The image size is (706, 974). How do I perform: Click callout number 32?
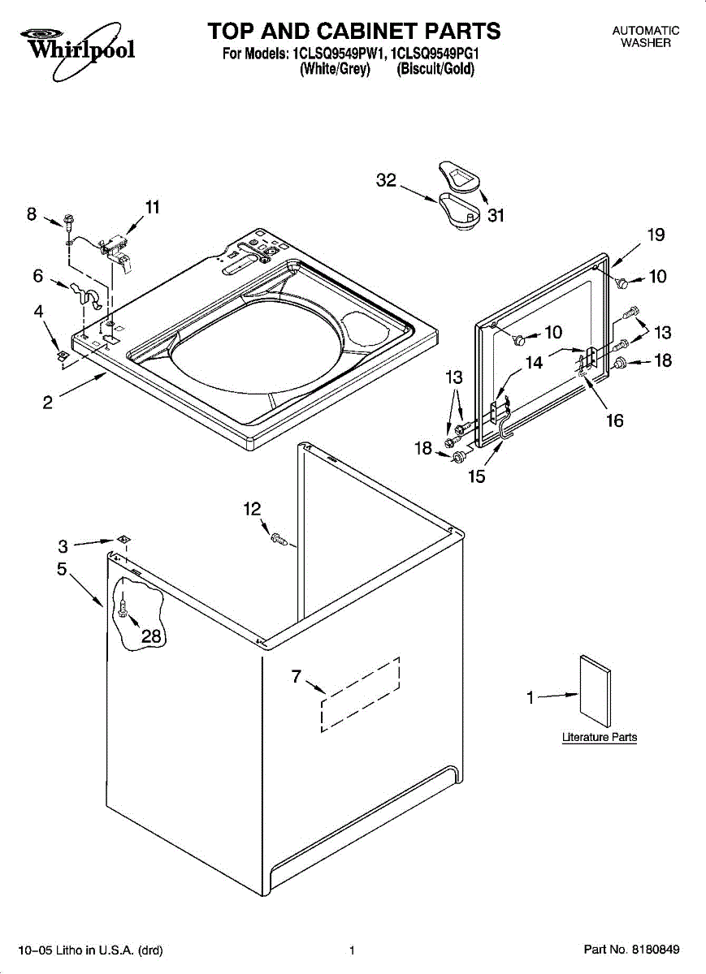[386, 180]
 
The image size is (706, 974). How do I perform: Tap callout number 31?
[496, 215]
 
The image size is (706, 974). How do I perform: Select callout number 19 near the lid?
[656, 235]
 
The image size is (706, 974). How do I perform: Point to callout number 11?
[153, 207]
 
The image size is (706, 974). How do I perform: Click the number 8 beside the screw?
[32, 214]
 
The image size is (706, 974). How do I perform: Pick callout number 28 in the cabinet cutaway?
[151, 636]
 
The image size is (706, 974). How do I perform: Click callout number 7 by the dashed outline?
[297, 676]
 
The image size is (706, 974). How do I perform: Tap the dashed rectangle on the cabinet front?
[360, 695]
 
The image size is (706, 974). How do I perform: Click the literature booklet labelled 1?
[595, 692]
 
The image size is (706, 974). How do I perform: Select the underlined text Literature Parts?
[600, 737]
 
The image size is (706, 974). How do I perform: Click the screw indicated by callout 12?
[279, 539]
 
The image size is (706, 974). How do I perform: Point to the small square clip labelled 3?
[123, 539]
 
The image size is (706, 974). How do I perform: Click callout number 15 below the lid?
[476, 476]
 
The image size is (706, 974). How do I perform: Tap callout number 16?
[615, 420]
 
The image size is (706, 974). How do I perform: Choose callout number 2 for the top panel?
[48, 403]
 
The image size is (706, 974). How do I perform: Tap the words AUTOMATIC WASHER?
[646, 37]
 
